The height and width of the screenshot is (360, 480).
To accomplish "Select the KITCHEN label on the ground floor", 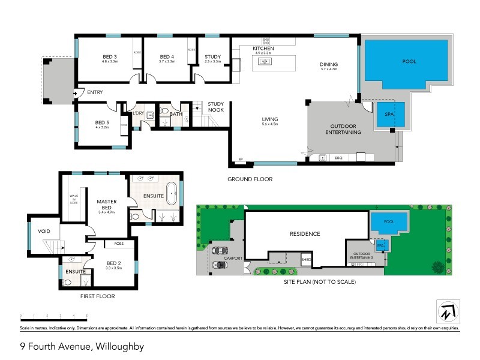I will tap(263, 48).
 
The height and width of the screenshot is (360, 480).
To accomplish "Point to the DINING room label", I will tap(328, 64).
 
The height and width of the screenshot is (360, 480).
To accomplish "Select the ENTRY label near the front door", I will tap(95, 92).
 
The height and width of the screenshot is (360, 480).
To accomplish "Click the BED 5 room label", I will tap(101, 121).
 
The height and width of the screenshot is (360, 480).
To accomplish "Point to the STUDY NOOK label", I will tap(216, 107).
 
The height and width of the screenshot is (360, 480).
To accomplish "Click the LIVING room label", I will tap(269, 119).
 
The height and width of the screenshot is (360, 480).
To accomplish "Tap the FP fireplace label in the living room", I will tap(241, 158).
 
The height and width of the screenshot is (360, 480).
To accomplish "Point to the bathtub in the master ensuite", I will tap(172, 194).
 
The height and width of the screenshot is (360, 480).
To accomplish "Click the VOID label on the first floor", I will tap(44, 230).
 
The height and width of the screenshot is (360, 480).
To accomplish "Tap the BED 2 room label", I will tap(114, 263).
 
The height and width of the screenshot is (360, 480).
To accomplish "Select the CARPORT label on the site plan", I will tap(233, 258).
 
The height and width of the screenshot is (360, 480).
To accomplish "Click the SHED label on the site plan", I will tap(305, 259).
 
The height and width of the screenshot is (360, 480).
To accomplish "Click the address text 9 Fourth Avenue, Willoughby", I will tap(82, 346).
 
